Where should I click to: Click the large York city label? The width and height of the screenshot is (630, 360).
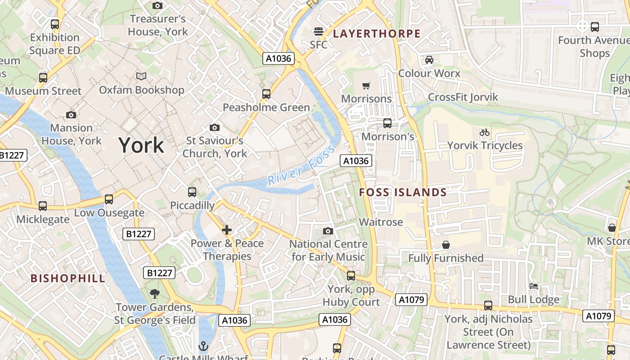tap(141, 145)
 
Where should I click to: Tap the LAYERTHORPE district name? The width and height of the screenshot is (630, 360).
tap(377, 34)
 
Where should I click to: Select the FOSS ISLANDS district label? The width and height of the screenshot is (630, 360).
tap(403, 193)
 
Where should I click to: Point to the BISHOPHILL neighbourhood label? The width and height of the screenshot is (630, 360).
tap(68, 278)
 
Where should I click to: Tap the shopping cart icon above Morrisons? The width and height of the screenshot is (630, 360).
tap(366, 85)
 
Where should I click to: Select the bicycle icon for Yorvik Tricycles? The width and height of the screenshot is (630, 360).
tap(485, 132)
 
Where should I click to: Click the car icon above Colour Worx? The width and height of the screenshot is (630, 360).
tap(429, 60)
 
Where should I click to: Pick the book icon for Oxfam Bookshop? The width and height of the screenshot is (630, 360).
tap(141, 76)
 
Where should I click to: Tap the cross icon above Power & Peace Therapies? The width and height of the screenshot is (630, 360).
tap(227, 230)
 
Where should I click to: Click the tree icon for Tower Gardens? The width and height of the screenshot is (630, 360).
tap(155, 294)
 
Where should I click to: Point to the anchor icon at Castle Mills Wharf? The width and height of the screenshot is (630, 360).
tap(203, 346)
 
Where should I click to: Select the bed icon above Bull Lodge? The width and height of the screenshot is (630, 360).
tap(534, 286)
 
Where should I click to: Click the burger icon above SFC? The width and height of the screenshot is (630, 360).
tap(319, 31)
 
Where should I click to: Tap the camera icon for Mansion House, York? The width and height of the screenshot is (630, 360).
tap(71, 115)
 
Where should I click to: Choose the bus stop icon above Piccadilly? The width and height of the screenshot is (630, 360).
tap(192, 192)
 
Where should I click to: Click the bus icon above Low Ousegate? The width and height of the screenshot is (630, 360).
tap(108, 199)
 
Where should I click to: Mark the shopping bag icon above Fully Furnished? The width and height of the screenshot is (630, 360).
tap(445, 245)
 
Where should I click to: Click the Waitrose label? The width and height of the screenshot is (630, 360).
tap(381, 222)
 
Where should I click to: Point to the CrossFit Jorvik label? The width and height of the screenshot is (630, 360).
tap(463, 97)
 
